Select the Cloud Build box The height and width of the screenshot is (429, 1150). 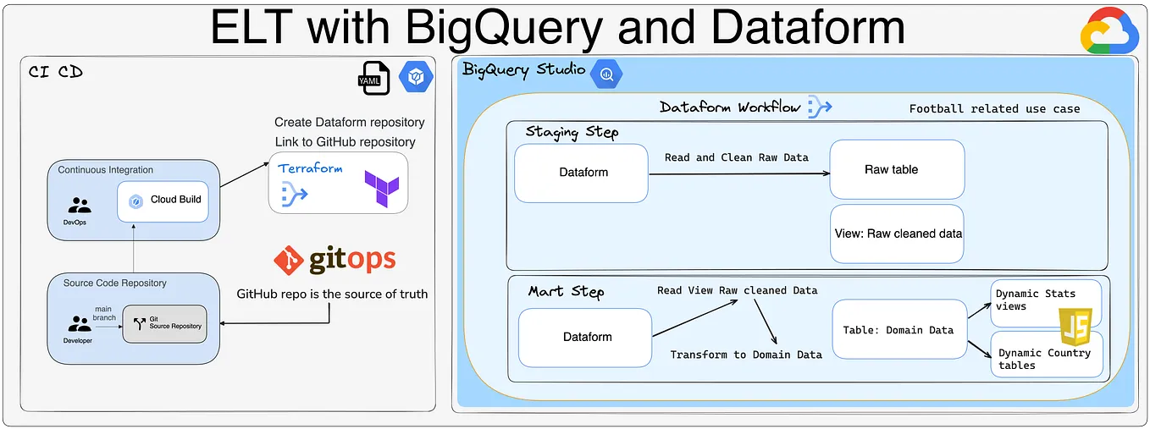point(163,201)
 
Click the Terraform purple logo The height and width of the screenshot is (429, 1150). point(380,188)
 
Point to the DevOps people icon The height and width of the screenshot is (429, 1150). point(80,205)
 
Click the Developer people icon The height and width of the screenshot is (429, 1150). point(80,324)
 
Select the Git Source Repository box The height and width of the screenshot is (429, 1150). point(164,324)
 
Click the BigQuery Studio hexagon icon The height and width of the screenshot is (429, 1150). point(606,74)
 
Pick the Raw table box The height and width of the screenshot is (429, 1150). point(897,170)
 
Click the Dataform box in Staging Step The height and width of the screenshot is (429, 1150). point(583,173)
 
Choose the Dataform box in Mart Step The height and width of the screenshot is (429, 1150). point(586,337)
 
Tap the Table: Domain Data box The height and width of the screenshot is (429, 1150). point(898,330)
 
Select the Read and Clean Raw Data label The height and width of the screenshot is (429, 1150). point(737,157)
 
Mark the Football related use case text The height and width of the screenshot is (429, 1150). point(994,108)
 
